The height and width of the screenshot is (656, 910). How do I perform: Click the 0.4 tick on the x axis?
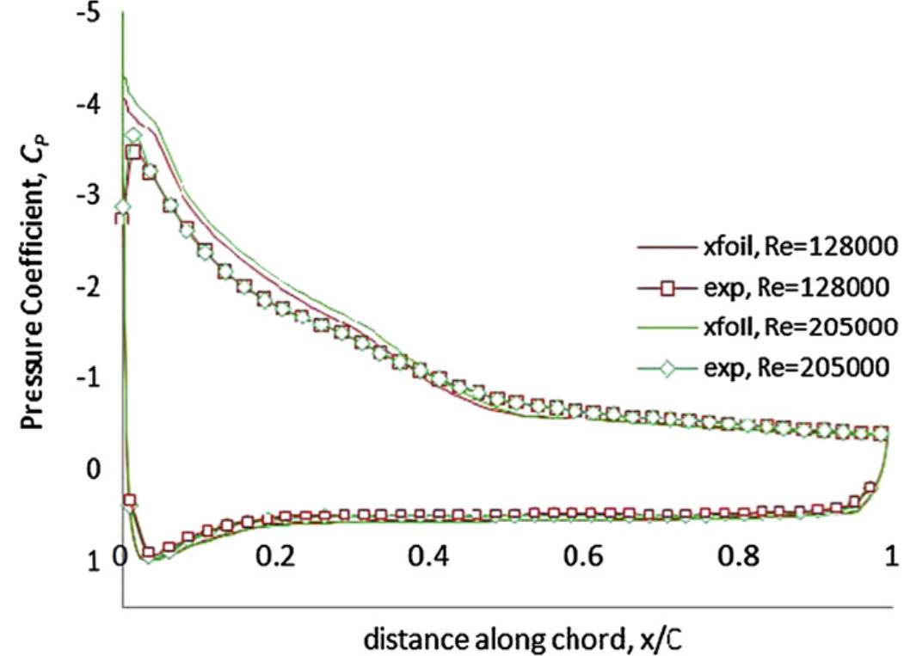click(x=430, y=555)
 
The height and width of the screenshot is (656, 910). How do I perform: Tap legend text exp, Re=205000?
click(x=790, y=367)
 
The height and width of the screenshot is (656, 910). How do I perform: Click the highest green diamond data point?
click(x=132, y=136)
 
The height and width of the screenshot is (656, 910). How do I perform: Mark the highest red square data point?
click(x=133, y=153)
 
